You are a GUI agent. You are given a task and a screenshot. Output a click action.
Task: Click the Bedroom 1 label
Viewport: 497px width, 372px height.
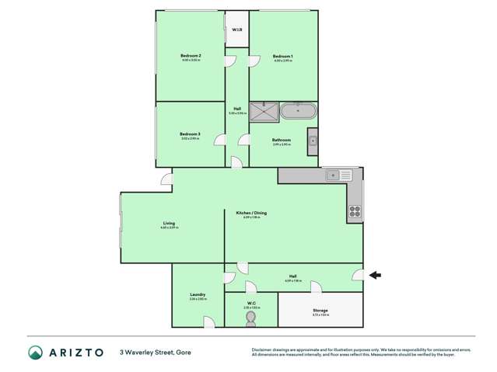282,57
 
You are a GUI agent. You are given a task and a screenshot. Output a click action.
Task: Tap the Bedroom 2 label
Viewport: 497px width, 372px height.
191,56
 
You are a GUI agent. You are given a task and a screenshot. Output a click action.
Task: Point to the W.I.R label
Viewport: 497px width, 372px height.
236,30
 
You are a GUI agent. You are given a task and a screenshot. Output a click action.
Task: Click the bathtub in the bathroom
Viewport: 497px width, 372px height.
296,111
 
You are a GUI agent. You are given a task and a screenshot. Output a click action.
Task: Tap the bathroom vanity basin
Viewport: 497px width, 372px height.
312,141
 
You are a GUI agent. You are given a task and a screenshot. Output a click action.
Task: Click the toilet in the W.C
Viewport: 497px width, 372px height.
250,317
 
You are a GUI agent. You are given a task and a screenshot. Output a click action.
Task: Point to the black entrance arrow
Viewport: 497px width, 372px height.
375,274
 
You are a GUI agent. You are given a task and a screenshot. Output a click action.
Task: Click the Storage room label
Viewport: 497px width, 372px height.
320,310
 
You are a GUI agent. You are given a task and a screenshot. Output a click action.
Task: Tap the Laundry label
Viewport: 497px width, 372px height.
197,294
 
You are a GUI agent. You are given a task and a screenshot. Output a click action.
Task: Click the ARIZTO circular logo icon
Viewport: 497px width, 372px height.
35,352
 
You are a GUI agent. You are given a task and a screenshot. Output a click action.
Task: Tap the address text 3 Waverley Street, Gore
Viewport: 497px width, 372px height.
156,352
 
